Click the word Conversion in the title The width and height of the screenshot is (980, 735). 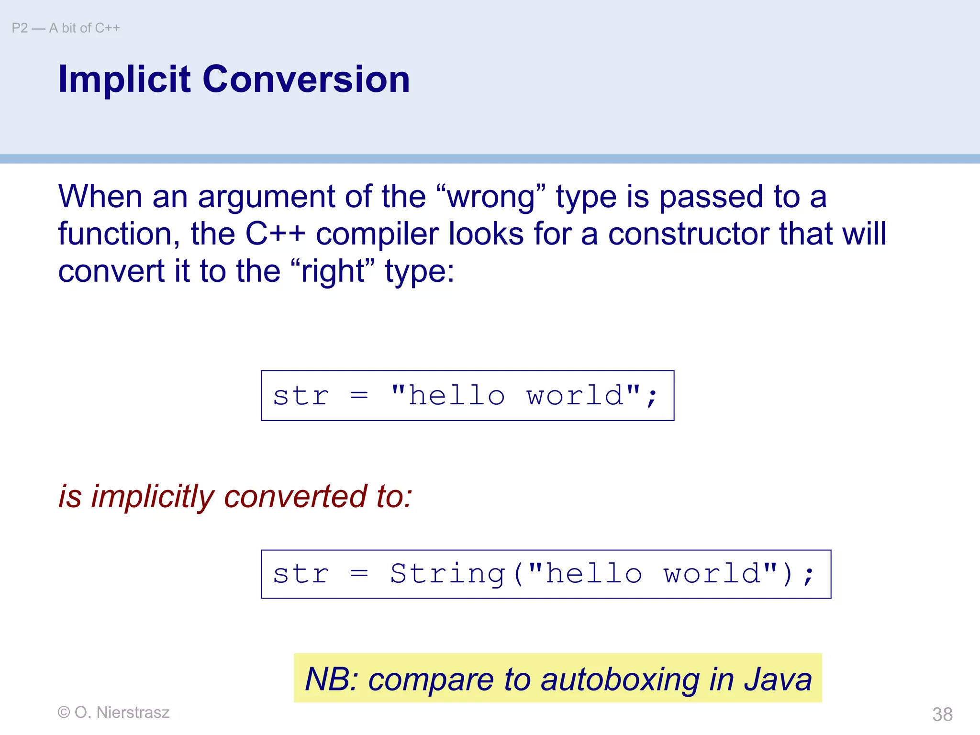click(x=306, y=79)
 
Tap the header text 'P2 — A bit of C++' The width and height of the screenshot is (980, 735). click(x=66, y=28)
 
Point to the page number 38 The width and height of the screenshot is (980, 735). click(x=942, y=714)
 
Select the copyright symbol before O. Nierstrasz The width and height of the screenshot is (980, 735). click(x=63, y=712)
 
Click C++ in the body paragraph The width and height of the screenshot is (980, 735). click(x=275, y=234)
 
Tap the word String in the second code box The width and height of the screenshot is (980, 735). click(x=447, y=574)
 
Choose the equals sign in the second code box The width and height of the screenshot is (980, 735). click(x=359, y=574)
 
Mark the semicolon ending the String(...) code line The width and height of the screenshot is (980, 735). click(x=808, y=576)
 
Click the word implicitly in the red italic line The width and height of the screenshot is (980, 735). click(x=153, y=497)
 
